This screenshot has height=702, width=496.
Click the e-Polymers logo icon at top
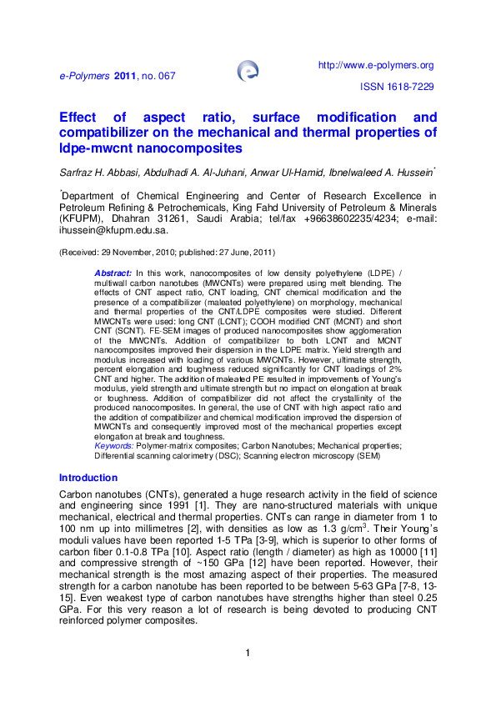[x=248, y=70]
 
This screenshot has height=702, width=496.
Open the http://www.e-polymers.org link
[x=377, y=65]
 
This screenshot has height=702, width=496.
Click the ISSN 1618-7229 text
[x=397, y=87]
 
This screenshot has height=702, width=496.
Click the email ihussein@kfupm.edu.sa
[x=113, y=229]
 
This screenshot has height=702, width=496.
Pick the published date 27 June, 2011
[x=238, y=252]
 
